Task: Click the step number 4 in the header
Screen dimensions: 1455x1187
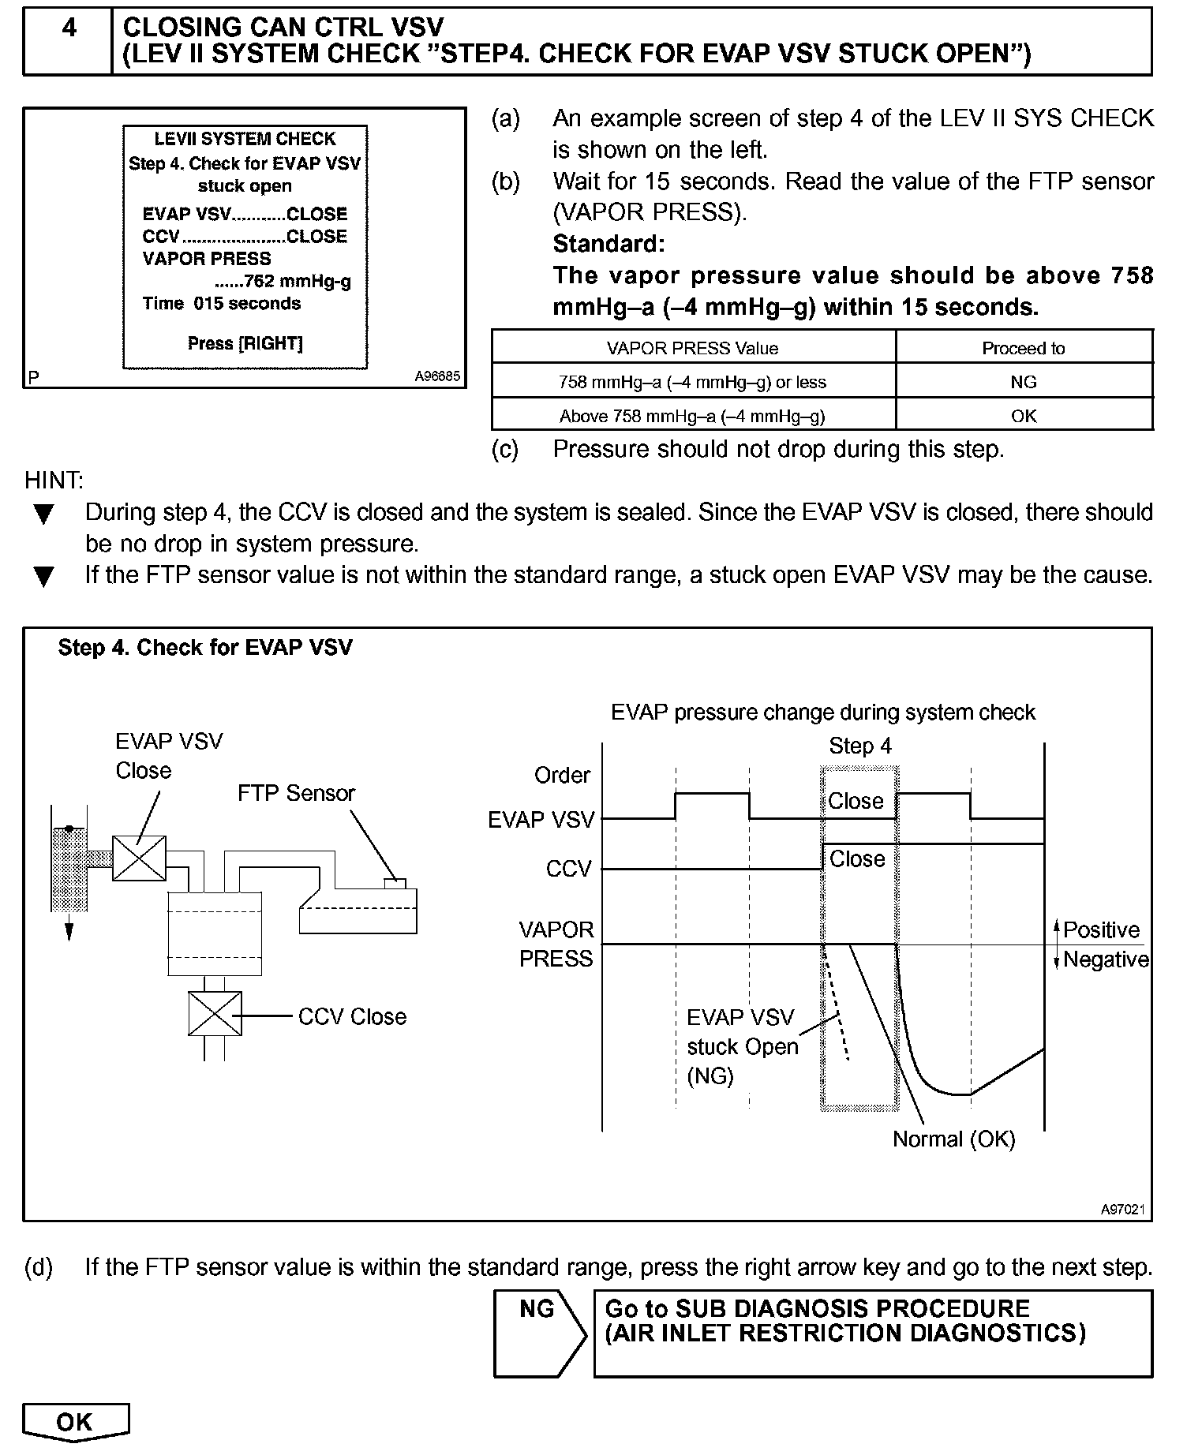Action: [x=69, y=28]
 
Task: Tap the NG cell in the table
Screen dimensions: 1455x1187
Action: [x=1023, y=382]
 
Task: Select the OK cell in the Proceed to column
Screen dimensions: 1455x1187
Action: [x=1023, y=416]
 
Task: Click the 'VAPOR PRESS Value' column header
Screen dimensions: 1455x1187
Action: [x=692, y=348]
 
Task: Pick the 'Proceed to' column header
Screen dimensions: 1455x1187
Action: [x=1023, y=348]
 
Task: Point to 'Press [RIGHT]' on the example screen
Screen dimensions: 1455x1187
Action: [x=245, y=343]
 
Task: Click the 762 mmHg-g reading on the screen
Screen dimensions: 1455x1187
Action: [x=297, y=282]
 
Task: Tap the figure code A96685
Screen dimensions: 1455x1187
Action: [x=437, y=376]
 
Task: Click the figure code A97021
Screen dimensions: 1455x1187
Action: [x=1123, y=1210]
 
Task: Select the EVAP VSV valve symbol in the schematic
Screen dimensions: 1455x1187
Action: [x=139, y=858]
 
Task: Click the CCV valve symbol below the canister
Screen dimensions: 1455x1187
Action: [x=214, y=1014]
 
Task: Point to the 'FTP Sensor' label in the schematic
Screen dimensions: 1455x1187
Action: [x=296, y=793]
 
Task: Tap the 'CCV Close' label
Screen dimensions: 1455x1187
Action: [x=352, y=1016]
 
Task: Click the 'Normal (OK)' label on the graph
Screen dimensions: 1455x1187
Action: [x=953, y=1139]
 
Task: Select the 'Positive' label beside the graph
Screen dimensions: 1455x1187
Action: [x=1101, y=930]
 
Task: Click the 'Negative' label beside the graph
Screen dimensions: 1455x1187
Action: [x=1105, y=959]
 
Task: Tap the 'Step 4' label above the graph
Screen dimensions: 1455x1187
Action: [x=859, y=746]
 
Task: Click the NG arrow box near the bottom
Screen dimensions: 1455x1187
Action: [x=540, y=1333]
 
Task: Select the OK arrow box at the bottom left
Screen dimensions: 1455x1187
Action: [x=75, y=1422]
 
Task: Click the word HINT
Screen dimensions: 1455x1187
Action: [x=54, y=480]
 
